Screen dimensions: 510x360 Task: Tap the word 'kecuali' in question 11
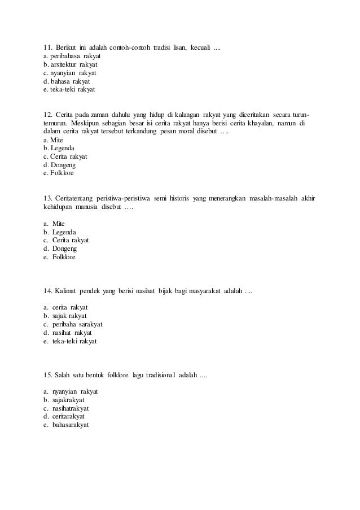click(200, 46)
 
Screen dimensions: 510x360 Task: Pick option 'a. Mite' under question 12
click(54, 140)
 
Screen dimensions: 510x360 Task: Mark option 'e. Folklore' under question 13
click(59, 257)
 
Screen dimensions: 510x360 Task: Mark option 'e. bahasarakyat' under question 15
click(66, 425)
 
